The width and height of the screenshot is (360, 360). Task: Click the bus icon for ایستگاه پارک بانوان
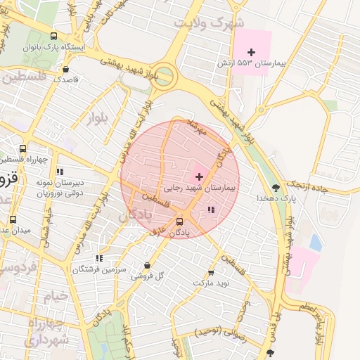pos(54,36)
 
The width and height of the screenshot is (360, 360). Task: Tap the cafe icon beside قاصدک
pos(66,70)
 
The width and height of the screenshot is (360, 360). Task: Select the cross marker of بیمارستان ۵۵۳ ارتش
pos(251,52)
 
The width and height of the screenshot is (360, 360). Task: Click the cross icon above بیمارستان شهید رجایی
pos(199,176)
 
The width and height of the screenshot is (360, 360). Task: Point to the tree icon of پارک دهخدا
pos(276,188)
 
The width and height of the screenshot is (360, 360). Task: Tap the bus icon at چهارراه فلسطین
pos(23,149)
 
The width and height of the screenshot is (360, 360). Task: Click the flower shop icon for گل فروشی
pos(147,265)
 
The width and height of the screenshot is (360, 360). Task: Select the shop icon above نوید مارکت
pos(210,272)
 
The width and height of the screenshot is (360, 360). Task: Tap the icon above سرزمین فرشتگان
pos(99,258)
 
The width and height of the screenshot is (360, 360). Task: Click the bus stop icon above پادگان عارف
pos(179,221)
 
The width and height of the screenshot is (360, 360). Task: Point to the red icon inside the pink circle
pos(212,210)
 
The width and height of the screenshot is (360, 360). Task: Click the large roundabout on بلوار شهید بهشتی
pos(164,76)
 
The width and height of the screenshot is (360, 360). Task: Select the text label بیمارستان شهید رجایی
pos(201,188)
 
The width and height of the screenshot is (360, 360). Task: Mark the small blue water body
pos(315,243)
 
